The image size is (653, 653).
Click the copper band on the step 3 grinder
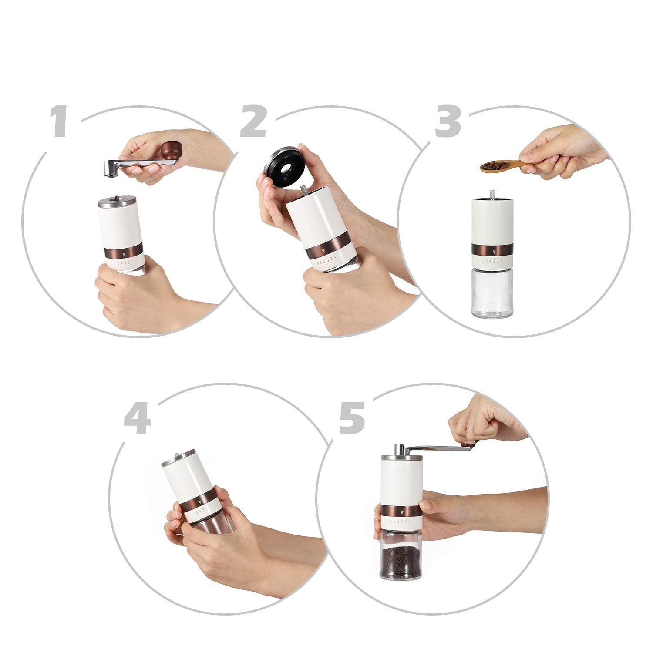(493, 250)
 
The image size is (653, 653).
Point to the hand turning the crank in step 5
(485, 420)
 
